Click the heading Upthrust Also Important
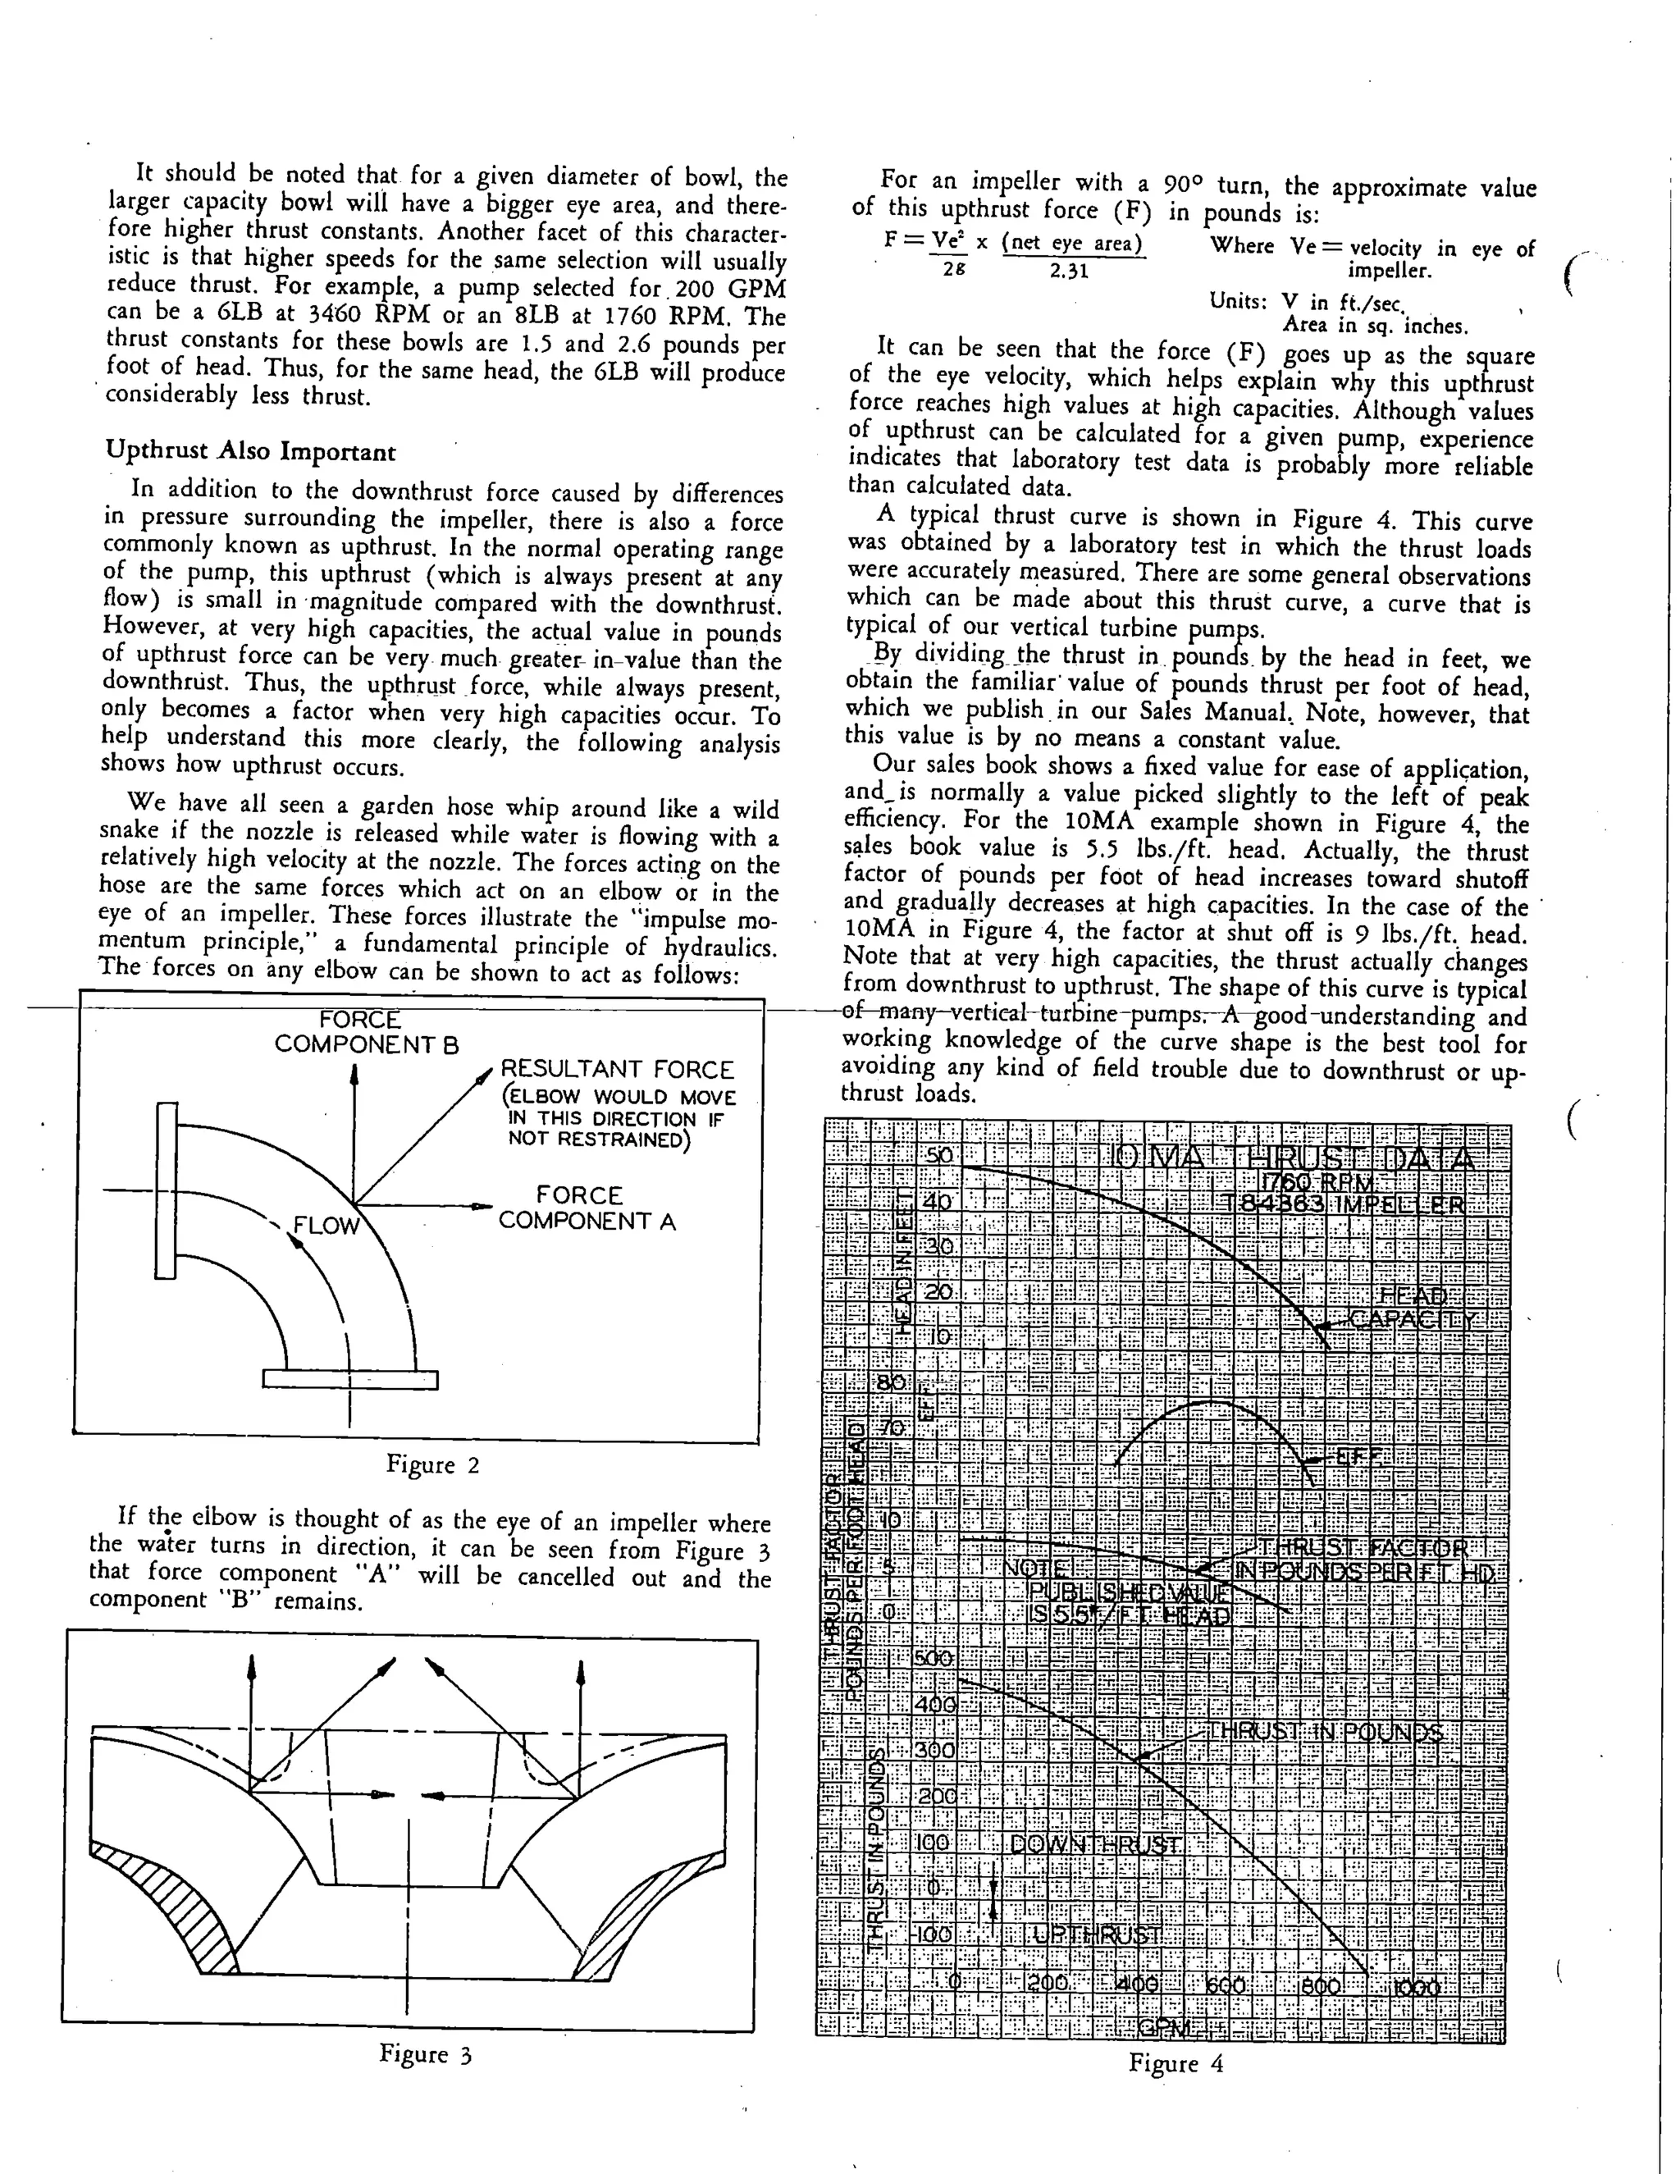(x=251, y=452)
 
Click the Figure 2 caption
(x=433, y=1465)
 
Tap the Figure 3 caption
(x=425, y=2053)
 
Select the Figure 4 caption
(x=1176, y=2063)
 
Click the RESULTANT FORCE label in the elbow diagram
(x=617, y=1069)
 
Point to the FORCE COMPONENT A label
(x=587, y=1208)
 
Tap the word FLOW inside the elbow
(x=326, y=1226)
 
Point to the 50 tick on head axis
(x=939, y=1156)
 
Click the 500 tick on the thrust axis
(x=934, y=1658)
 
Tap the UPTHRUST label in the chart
(x=1097, y=1934)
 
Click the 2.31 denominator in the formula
(x=1069, y=270)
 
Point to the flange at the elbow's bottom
(x=350, y=1379)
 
